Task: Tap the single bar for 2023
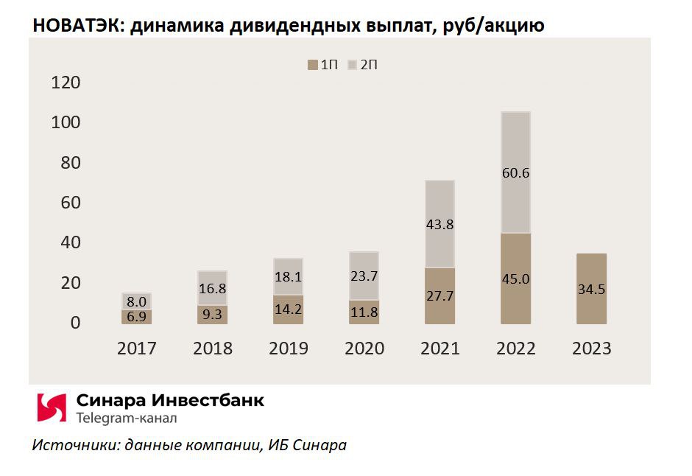tap(591, 288)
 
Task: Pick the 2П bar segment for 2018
tap(212, 288)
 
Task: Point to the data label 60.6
tap(515, 174)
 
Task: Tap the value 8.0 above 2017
tap(137, 301)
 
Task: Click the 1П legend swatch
tap(311, 66)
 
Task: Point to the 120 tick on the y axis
tap(66, 83)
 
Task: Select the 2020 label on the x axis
tap(364, 349)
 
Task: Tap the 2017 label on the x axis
tap(137, 349)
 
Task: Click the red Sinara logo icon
tap(52, 407)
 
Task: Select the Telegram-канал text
tap(126, 419)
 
